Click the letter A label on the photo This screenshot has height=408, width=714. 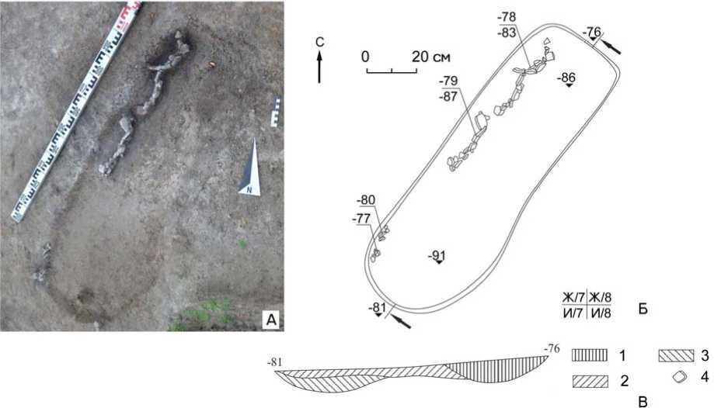(x=271, y=320)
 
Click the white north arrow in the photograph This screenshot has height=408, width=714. (x=251, y=168)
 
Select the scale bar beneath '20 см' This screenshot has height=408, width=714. (x=392, y=70)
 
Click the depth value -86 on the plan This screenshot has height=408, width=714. (x=568, y=78)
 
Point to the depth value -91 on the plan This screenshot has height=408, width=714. (x=437, y=256)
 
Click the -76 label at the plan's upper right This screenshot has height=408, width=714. (x=592, y=33)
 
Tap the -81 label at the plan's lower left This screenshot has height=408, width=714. (x=378, y=307)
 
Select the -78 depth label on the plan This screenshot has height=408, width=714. (x=507, y=17)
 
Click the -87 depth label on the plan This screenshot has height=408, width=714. (x=448, y=96)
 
